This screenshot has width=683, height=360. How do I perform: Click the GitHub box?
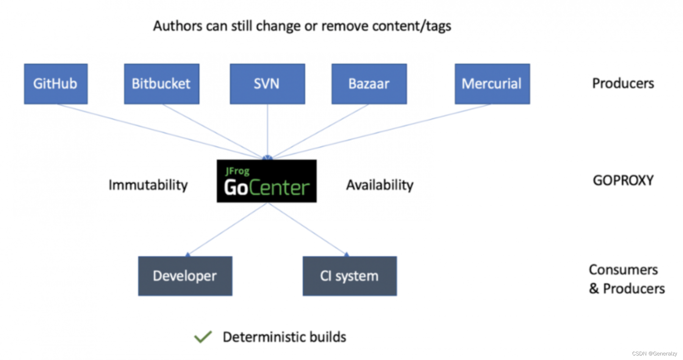[56, 84]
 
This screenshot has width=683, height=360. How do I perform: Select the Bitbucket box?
[161, 84]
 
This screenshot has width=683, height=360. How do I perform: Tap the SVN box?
[267, 84]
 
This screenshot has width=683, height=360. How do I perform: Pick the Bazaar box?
[369, 84]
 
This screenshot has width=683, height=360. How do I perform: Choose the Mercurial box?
[492, 84]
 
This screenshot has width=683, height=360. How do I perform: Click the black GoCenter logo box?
[266, 181]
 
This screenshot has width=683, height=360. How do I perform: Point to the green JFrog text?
[238, 171]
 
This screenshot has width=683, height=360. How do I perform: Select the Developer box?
[185, 276]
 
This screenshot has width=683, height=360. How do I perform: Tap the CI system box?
[349, 276]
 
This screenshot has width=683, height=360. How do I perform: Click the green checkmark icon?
[203, 337]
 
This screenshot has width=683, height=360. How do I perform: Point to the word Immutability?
[148, 185]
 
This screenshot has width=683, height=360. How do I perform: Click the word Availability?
[380, 185]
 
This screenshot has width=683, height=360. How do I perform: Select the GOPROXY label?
[623, 181]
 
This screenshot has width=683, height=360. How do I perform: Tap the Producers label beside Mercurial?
[623, 83]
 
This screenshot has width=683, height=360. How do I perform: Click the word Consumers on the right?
[623, 270]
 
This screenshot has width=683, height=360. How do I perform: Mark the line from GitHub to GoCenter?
[159, 131]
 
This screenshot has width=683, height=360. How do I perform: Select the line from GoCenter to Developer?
[227, 229]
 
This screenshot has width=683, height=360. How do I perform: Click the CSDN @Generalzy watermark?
[654, 354]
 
